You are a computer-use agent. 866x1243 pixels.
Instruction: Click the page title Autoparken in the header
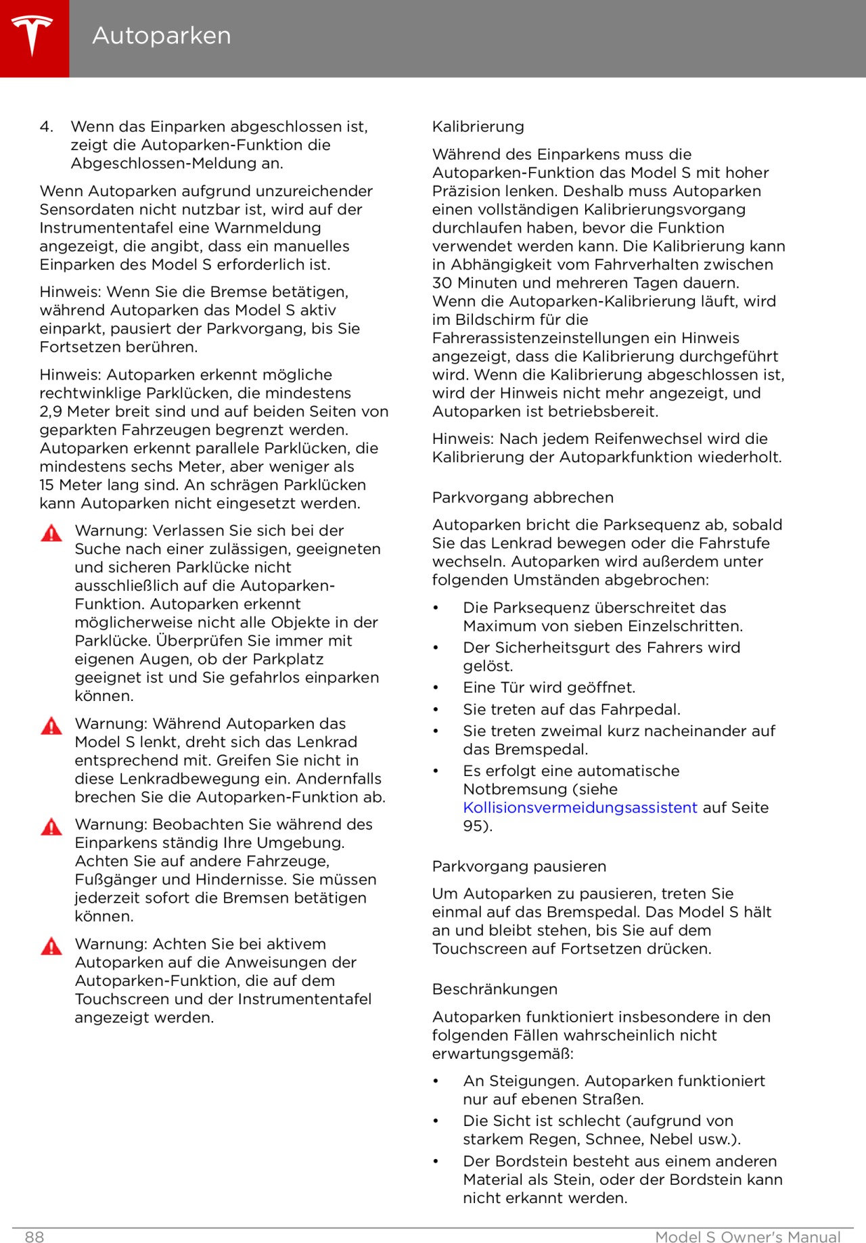pos(161,35)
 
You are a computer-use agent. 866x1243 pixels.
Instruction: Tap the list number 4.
pos(46,127)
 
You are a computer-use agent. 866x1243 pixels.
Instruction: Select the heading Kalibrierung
pos(478,127)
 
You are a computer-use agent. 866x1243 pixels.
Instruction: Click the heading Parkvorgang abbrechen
pos(522,497)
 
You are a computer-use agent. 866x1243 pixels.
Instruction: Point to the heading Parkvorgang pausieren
pos(519,866)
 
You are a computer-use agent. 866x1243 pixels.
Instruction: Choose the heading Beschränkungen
pos(495,989)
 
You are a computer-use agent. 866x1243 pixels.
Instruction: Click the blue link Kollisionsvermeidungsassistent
pos(580,807)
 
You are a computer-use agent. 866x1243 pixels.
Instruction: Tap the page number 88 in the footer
pos(35,1237)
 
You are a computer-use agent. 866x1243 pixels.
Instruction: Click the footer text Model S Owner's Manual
pos(748,1237)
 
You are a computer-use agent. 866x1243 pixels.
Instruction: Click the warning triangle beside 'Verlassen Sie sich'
pos(51,533)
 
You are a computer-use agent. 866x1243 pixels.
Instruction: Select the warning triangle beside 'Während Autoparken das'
pos(51,726)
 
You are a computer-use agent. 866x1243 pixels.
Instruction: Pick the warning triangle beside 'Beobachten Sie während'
pos(51,827)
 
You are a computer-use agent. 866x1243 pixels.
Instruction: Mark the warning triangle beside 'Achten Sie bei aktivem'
pos(51,946)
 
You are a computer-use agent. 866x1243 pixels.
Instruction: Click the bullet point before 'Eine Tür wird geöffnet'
pos(436,688)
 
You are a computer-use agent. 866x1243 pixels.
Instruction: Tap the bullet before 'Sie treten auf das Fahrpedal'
pos(436,710)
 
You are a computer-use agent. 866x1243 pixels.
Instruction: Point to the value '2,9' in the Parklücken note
pos(51,411)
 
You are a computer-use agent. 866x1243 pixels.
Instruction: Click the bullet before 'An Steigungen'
pos(436,1081)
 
